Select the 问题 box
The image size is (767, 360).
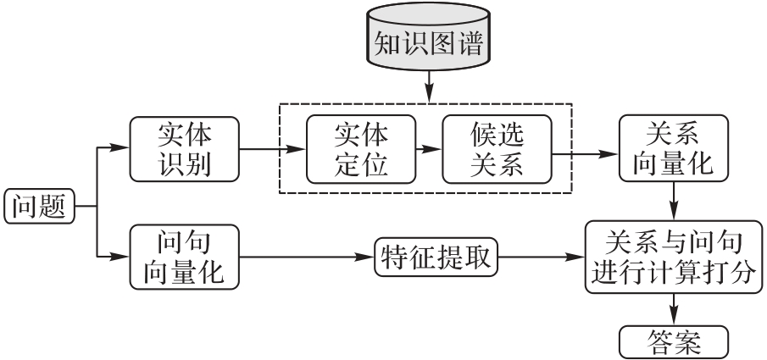pyautogui.click(x=40, y=207)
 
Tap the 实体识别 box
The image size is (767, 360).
pyautogui.click(x=185, y=149)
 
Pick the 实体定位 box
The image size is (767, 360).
pyautogui.click(x=361, y=149)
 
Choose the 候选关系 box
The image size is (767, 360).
pyautogui.click(x=497, y=149)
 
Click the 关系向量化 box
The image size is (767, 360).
pyautogui.click(x=674, y=149)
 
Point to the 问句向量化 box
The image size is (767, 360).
pyautogui.click(x=185, y=257)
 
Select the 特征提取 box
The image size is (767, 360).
pyautogui.click(x=436, y=257)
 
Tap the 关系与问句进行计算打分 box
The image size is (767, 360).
pyautogui.click(x=674, y=257)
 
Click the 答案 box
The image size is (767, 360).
pyautogui.click(x=674, y=342)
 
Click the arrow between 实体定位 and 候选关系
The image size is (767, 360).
pyautogui.click(x=429, y=149)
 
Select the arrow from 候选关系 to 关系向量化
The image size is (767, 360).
pyautogui.click(x=586, y=154)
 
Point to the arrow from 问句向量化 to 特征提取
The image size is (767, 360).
pyautogui.click(x=307, y=257)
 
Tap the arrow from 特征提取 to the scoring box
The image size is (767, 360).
pyautogui.click(x=541, y=257)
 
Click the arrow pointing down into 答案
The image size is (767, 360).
pyautogui.click(x=674, y=310)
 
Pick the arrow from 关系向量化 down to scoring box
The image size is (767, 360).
pyautogui.click(x=674, y=202)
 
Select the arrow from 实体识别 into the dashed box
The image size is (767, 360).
pyautogui.click(x=273, y=149)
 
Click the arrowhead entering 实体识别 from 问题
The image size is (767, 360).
pyautogui.click(x=120, y=147)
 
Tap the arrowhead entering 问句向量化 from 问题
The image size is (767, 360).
pyautogui.click(x=120, y=256)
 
